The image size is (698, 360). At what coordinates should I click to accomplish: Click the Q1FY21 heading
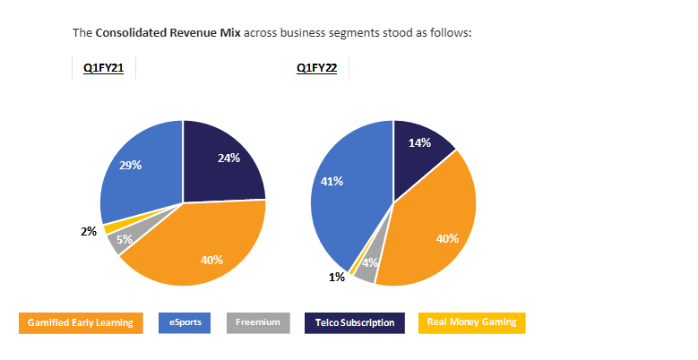click(103, 68)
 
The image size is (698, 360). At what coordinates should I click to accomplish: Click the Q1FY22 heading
click(316, 68)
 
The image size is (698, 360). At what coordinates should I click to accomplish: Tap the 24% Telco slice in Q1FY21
click(224, 161)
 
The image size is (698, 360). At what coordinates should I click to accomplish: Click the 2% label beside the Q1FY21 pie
click(89, 231)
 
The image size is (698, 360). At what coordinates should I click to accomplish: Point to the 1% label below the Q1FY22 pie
click(337, 278)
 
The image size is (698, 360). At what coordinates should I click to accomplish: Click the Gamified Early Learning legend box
click(81, 322)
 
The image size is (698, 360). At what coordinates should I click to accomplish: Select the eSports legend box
click(184, 322)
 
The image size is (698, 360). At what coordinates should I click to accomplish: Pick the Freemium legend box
click(258, 322)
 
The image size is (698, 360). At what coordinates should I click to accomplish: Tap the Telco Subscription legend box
click(355, 322)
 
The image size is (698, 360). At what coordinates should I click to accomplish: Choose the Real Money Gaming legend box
click(471, 322)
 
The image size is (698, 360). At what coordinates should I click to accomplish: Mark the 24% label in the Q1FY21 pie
click(228, 158)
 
